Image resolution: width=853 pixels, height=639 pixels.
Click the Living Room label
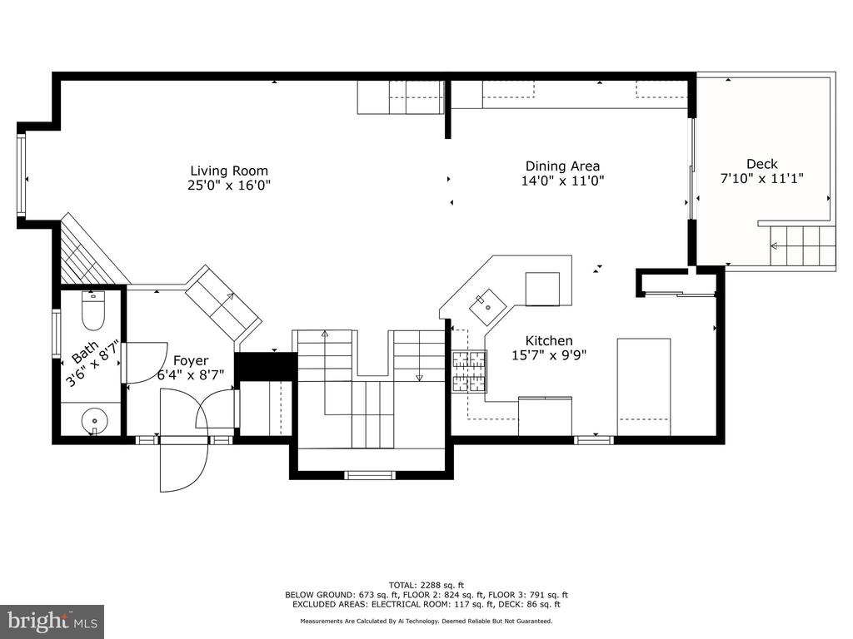click(x=229, y=171)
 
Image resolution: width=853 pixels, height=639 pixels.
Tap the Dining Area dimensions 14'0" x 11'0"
click(x=563, y=181)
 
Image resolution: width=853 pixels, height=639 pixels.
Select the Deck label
click(x=761, y=164)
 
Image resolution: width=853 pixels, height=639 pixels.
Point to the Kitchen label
click(x=549, y=340)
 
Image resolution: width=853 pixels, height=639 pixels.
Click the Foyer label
click(x=191, y=361)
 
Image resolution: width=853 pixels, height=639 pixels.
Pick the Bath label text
click(x=86, y=352)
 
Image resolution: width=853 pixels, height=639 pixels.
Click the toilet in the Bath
click(x=92, y=310)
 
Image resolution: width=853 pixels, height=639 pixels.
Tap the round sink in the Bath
click(x=95, y=420)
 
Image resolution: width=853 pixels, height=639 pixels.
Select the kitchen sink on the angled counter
click(x=486, y=308)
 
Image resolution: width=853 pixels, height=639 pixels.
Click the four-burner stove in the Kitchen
click(x=470, y=372)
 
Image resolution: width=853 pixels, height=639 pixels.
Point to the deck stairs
click(x=802, y=246)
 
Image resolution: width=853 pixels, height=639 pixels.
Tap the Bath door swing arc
click(x=146, y=363)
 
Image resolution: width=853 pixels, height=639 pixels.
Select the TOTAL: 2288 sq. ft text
click(x=426, y=585)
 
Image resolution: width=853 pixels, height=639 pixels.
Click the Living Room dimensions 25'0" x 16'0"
click(x=229, y=186)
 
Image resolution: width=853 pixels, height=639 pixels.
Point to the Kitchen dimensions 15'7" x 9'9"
click(x=549, y=355)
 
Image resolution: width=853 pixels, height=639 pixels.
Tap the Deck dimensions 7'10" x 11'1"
click(x=761, y=178)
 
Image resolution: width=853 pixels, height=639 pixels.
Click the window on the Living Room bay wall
click(x=21, y=174)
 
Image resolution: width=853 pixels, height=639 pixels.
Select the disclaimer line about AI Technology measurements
click(x=426, y=621)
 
